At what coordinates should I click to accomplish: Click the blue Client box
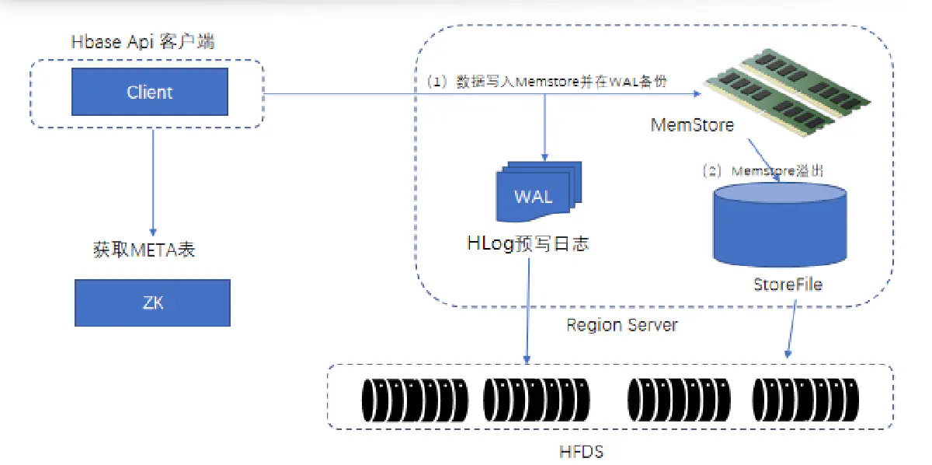150,92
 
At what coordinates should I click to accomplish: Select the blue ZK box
152,302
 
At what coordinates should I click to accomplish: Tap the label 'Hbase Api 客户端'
143,43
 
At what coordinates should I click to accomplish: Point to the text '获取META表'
144,250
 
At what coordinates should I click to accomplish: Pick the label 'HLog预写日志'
527,243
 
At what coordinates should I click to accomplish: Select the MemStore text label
694,124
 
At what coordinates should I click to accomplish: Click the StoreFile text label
787,285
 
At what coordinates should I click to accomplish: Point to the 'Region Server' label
621,325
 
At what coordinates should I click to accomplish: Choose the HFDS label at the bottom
581,451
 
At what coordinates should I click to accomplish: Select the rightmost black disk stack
805,399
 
